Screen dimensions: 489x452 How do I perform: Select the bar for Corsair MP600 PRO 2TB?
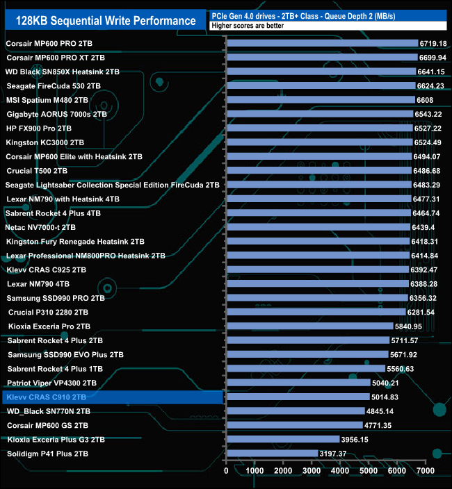322,43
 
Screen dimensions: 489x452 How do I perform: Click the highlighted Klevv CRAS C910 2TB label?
46,397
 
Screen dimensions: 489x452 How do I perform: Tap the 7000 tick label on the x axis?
426,471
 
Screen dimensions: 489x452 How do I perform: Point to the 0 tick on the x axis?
227,471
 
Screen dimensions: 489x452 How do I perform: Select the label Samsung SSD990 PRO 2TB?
56,298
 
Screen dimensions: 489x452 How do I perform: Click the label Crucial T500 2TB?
37,171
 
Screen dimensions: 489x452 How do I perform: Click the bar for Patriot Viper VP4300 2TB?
298,383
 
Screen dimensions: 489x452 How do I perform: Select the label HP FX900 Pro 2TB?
39,129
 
